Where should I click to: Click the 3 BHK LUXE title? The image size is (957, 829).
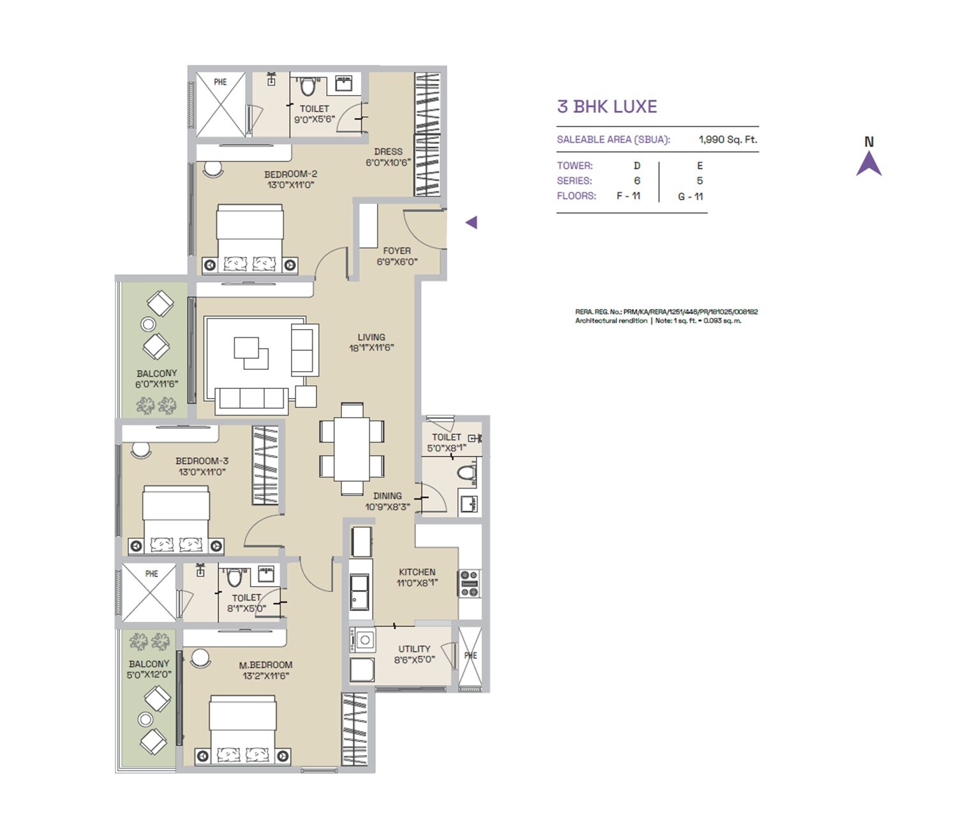pyautogui.click(x=607, y=106)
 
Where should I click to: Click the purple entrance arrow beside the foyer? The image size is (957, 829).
pyautogui.click(x=471, y=223)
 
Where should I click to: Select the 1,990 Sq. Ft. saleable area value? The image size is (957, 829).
pyautogui.click(x=727, y=140)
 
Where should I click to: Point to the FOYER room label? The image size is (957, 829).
pyautogui.click(x=397, y=251)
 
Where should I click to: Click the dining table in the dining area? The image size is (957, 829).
pyautogui.click(x=352, y=448)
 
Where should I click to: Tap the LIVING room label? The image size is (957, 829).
pyautogui.click(x=371, y=337)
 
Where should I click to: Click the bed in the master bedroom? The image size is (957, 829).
pyautogui.click(x=243, y=730)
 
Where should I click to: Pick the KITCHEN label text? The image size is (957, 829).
pyautogui.click(x=417, y=572)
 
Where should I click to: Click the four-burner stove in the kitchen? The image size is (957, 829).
pyautogui.click(x=469, y=583)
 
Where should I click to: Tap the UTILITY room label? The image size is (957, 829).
pyautogui.click(x=414, y=649)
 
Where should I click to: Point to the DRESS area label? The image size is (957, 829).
pyautogui.click(x=388, y=152)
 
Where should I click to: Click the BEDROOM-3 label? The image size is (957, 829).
pyautogui.click(x=202, y=461)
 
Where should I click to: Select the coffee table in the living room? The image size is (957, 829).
pyautogui.click(x=251, y=353)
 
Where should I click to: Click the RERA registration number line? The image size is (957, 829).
pyautogui.click(x=666, y=312)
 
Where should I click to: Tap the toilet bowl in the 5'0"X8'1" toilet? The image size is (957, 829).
pyautogui.click(x=468, y=474)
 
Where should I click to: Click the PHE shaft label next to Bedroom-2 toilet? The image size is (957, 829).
pyautogui.click(x=220, y=82)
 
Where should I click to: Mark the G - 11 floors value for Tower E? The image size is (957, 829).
pyautogui.click(x=690, y=196)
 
